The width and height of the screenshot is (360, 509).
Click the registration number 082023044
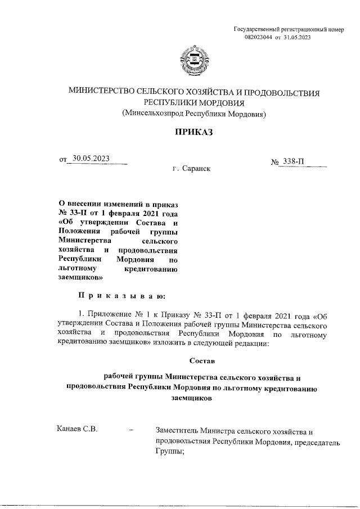coord(258,37)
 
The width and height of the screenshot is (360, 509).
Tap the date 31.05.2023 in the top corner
coord(298,37)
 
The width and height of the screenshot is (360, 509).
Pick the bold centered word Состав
coord(199,357)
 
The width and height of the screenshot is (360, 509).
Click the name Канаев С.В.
coord(78,431)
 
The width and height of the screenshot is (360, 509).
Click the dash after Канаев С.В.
coord(131,431)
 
